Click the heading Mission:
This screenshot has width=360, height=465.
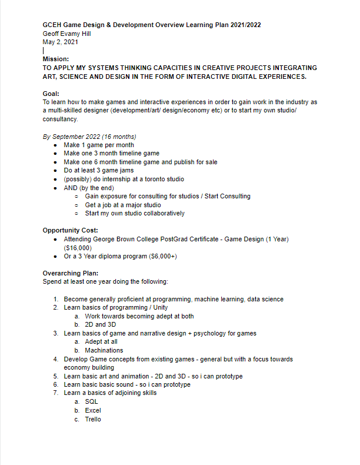[x=56, y=59]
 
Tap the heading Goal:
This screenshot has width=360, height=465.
[x=51, y=94]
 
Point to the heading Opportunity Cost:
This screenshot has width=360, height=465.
[x=71, y=230]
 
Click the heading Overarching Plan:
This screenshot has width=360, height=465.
[x=71, y=273]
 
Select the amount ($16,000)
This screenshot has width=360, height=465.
[x=79, y=248]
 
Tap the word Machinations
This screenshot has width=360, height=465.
[x=104, y=350]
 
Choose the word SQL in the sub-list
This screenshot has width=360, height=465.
[x=91, y=401]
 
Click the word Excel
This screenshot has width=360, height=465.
[x=93, y=410]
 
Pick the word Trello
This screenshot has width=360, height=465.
[x=93, y=419]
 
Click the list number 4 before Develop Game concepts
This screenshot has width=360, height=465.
[x=56, y=359]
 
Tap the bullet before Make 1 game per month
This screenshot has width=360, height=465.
[x=55, y=145]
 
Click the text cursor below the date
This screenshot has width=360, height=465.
[x=44, y=51]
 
